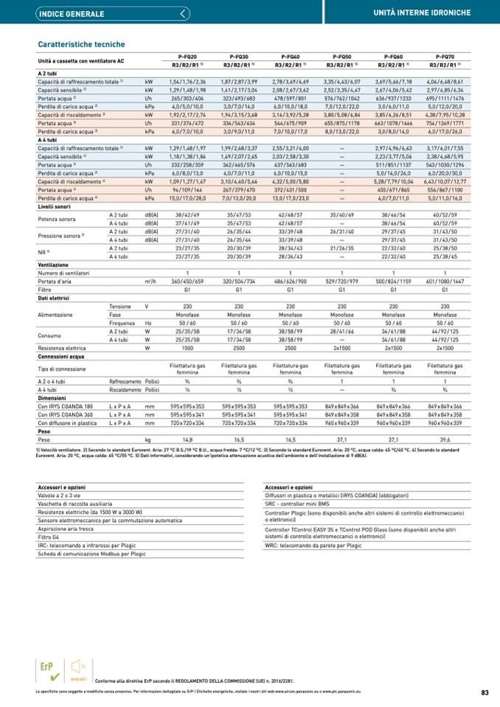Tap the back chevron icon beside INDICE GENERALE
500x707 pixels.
(x=184, y=13)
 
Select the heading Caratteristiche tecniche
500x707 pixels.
(x=81, y=44)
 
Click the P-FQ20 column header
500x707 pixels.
(x=187, y=57)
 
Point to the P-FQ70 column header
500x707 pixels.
(x=445, y=57)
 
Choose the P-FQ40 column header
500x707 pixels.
(x=290, y=57)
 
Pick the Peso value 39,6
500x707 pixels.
(x=445, y=439)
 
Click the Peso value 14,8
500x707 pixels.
(x=187, y=439)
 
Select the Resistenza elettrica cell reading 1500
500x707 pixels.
(x=187, y=347)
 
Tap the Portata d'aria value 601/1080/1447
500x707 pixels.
(x=445, y=282)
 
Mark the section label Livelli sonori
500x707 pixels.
(x=55, y=208)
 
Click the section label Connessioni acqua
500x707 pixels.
(x=61, y=355)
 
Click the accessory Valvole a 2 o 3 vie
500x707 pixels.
(x=63, y=497)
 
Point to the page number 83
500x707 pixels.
(x=485, y=692)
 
